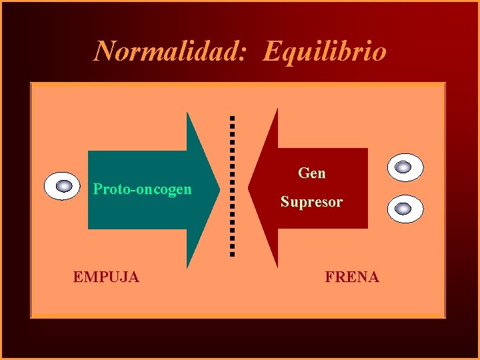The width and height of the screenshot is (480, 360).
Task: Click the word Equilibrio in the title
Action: coord(325,51)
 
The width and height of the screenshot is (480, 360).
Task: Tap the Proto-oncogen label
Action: coord(142,189)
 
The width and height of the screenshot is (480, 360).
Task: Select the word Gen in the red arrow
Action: coord(312,173)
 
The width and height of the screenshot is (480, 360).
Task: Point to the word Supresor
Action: coord(311,201)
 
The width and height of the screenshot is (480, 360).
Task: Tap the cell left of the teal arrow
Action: coord(63,186)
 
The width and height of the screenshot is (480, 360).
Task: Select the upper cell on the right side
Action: coord(405,167)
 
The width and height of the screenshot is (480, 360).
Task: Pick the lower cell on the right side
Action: coord(405,209)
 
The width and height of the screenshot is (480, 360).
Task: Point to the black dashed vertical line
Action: coord(232,187)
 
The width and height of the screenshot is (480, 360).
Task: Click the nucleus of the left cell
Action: coord(64,186)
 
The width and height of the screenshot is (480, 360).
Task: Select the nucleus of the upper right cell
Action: coord(404,167)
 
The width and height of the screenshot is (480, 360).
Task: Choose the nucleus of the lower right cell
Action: coord(403,209)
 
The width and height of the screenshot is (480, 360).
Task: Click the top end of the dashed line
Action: coord(232,118)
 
